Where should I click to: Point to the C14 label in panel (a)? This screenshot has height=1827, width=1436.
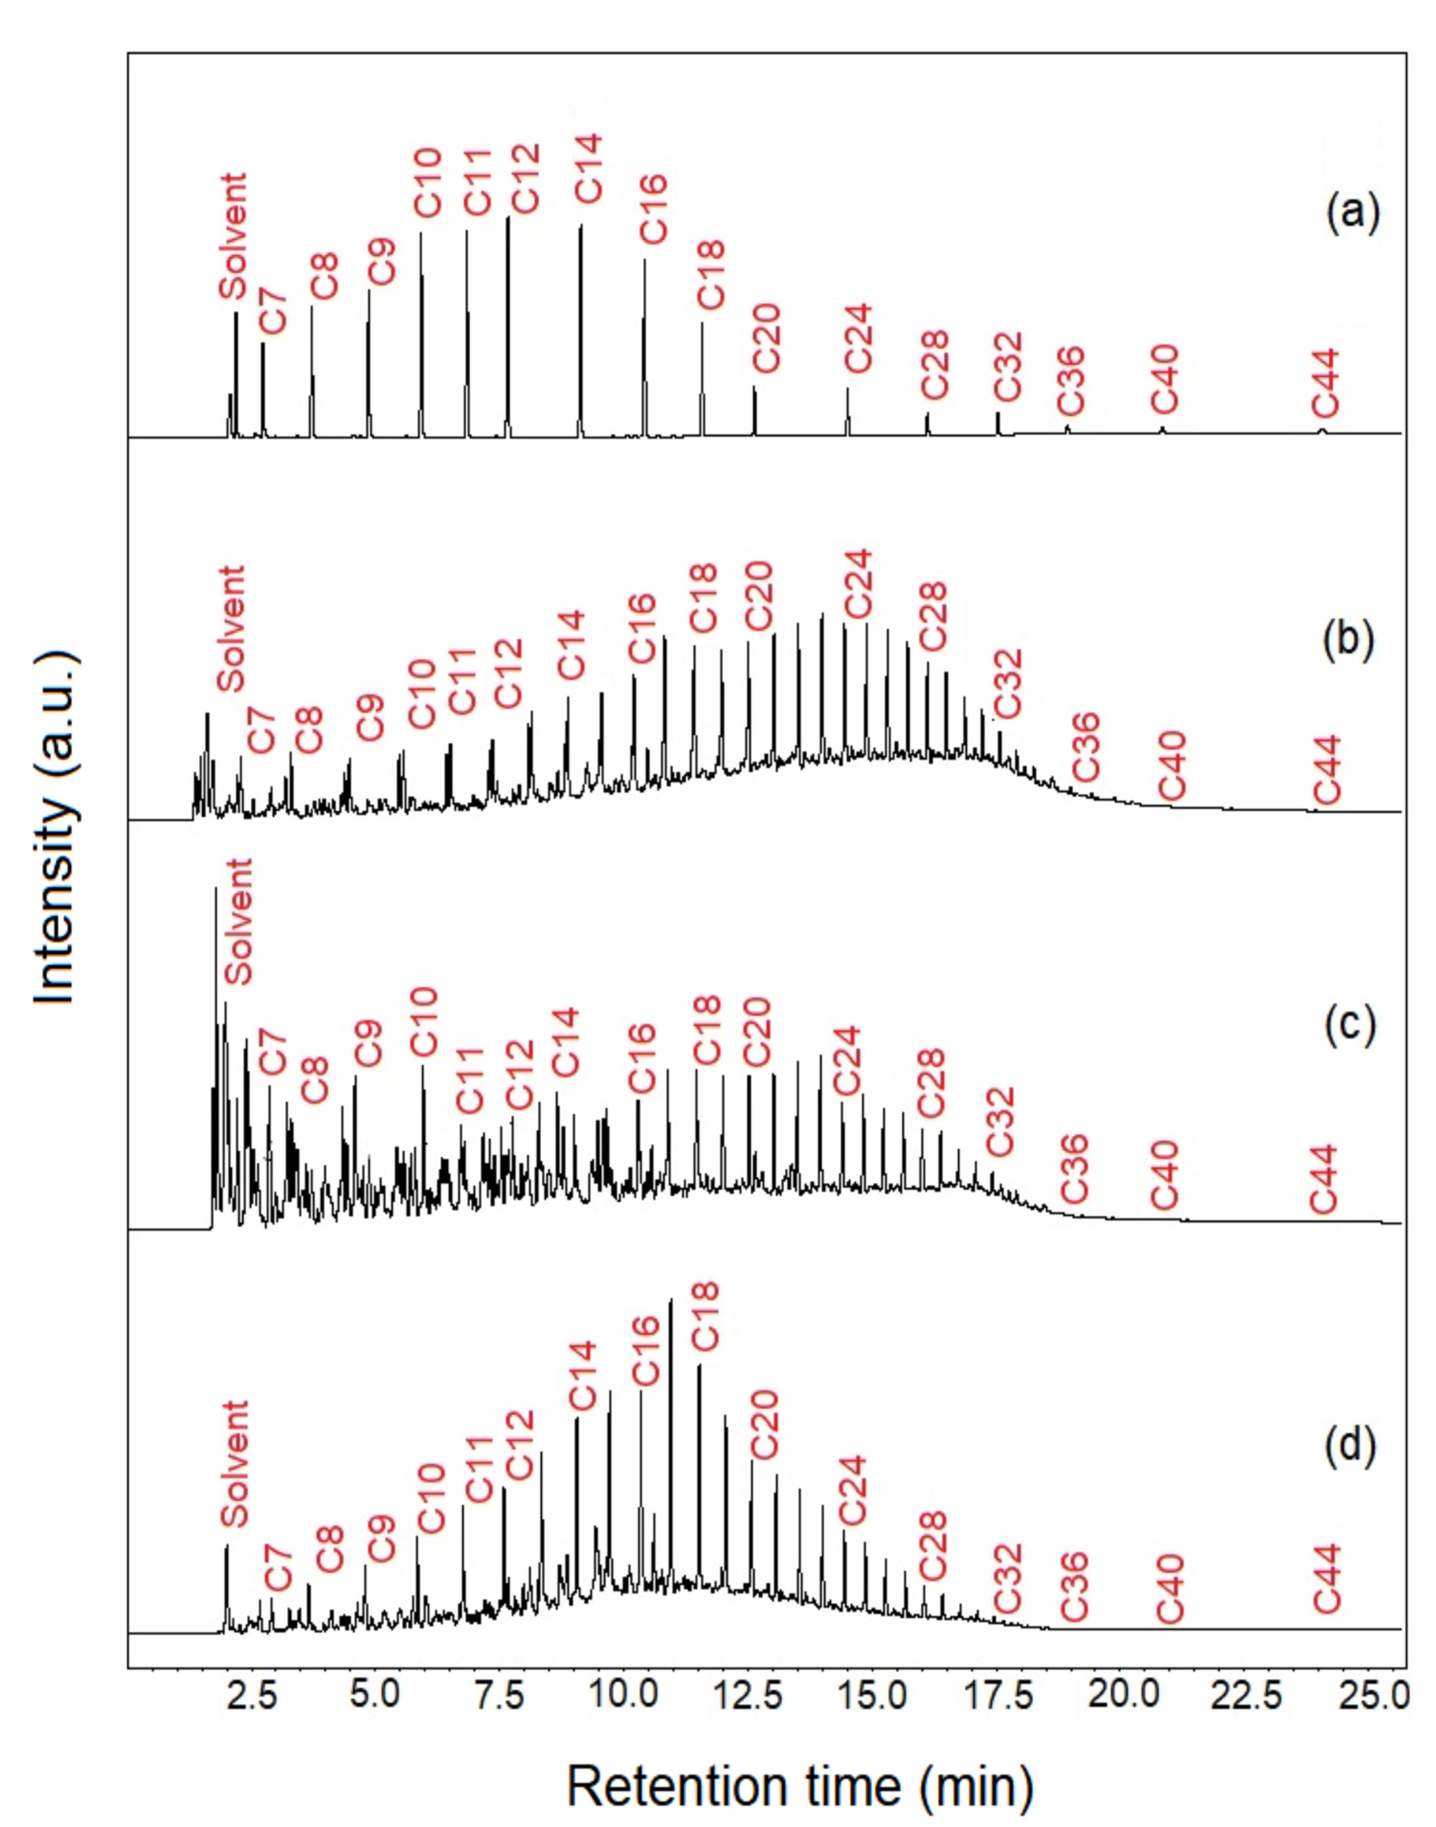tap(588, 168)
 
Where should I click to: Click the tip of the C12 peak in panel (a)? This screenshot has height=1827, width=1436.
tap(508, 218)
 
